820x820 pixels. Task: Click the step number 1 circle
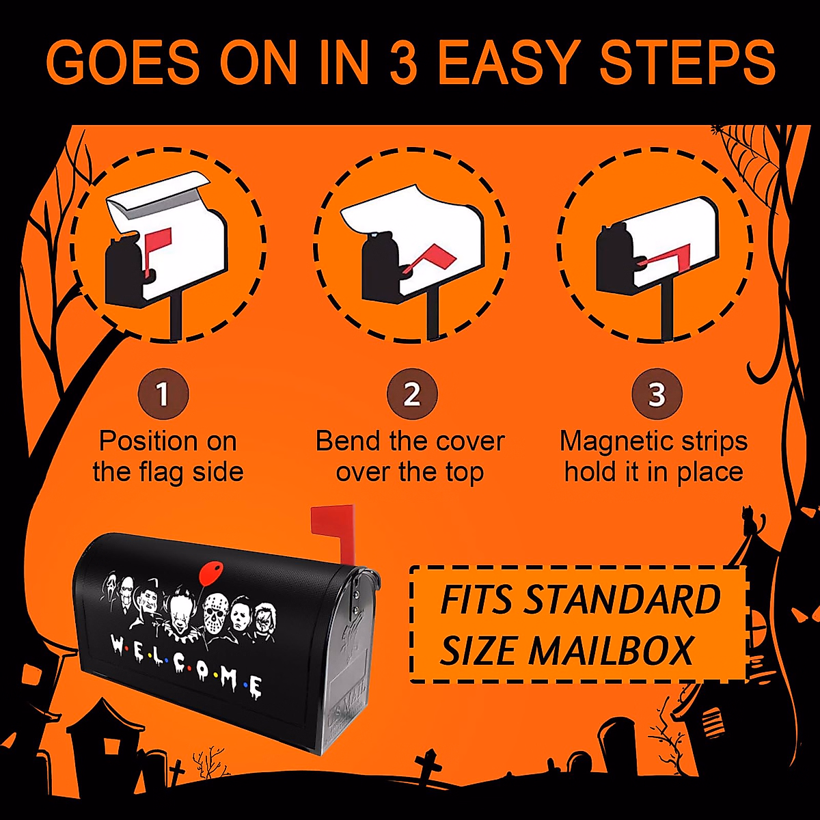pos(162,394)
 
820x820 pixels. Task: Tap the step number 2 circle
pos(411,394)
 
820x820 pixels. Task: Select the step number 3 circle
pos(656,394)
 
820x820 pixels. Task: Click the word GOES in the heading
pos(123,63)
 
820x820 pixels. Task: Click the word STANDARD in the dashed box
pos(622,600)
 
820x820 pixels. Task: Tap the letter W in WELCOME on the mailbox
pos(117,644)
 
